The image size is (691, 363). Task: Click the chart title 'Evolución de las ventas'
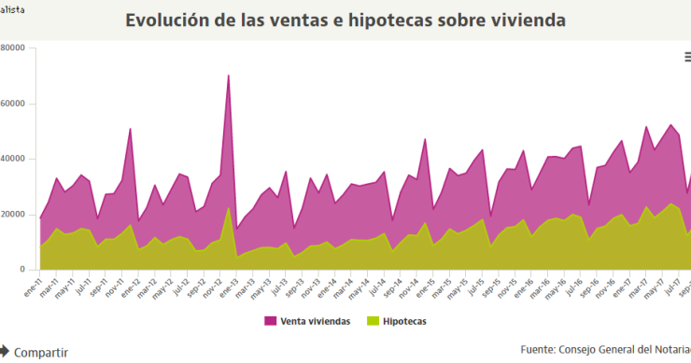coord(345,20)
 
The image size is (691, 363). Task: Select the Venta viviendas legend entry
coord(308,321)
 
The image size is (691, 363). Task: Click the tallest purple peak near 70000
coord(229,76)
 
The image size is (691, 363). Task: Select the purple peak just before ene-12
coord(131,129)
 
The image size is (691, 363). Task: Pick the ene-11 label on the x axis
coord(32,286)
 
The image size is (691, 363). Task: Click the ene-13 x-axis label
coord(228,286)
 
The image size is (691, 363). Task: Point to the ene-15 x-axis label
coord(424,286)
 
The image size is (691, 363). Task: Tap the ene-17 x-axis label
coord(620,286)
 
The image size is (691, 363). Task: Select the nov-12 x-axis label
coord(212,286)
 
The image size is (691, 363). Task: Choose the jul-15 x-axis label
coord(473,286)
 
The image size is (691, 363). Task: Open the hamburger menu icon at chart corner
coord(687,57)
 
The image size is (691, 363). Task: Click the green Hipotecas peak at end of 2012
coord(229,208)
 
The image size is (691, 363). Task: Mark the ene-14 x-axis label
coord(326,286)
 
